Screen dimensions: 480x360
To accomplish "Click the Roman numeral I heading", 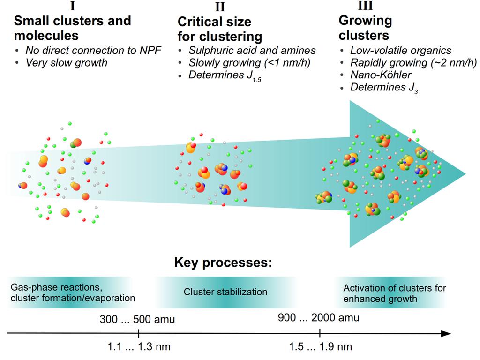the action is [73, 6].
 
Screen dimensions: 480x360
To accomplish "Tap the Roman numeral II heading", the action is [220, 7].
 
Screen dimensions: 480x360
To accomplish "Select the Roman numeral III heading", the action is [365, 6].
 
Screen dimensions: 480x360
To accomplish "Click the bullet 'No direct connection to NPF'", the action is [93, 50].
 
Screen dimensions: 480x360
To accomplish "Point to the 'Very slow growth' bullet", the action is [67, 62].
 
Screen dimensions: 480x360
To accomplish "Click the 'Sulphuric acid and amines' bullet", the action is [252, 50].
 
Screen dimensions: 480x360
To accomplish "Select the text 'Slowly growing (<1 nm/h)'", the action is [249, 63].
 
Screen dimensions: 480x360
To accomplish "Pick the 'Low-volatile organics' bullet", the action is [401, 51].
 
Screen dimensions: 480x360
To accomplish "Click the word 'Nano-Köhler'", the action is [381, 75].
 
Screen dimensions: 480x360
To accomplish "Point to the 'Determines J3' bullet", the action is [384, 88].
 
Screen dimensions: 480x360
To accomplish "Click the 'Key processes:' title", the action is [223, 262].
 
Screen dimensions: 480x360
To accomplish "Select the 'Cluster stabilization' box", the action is [225, 292].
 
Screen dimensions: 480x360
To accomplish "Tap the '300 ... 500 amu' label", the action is [137, 319].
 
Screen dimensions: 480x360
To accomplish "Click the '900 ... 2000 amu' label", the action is [319, 318].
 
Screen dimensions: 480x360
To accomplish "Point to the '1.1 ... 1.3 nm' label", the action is [139, 347].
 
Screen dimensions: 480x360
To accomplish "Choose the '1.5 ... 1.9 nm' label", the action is [321, 347].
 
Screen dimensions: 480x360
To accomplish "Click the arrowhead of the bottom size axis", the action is [447, 333].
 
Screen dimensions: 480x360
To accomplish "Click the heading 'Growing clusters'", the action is [365, 28].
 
